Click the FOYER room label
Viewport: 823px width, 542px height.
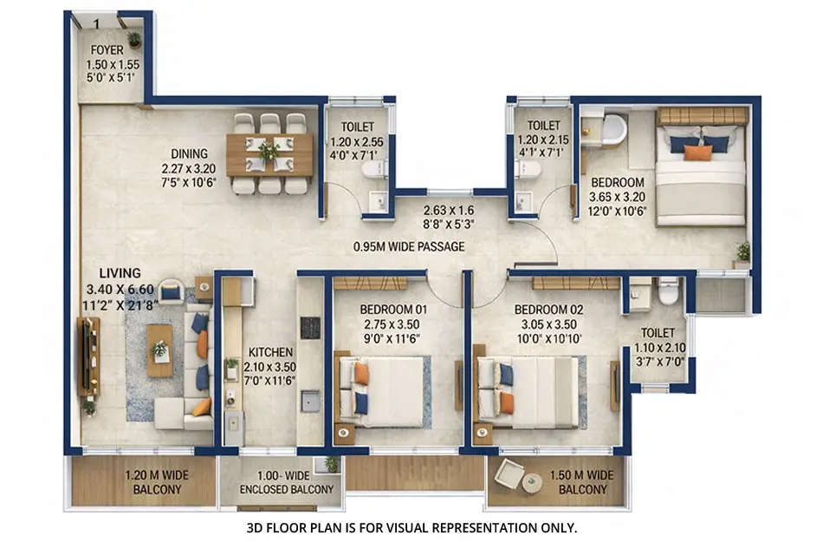tap(107, 50)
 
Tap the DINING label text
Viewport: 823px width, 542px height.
tap(189, 154)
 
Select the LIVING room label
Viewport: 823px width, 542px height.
tap(120, 273)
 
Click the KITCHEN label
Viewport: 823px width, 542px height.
tap(269, 354)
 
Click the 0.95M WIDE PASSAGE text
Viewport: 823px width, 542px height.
tap(409, 246)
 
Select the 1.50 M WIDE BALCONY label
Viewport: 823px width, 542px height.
tap(582, 482)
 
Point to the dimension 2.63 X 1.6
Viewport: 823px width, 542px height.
tap(450, 210)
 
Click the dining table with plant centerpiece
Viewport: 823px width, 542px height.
tap(269, 153)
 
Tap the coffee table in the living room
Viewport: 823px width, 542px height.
tap(159, 350)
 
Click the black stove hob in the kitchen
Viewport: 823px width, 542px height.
tap(310, 327)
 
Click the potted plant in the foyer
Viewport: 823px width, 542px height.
tap(134, 39)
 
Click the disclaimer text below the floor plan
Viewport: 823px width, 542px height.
tap(411, 526)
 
